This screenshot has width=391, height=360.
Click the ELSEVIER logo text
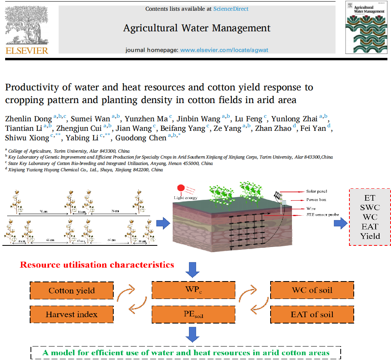pos(27,50)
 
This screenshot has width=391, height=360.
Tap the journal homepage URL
pos(224,50)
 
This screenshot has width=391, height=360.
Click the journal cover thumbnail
pos(365,27)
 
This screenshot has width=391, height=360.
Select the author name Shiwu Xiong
pos(27,138)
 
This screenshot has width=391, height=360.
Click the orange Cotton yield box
pos(72,291)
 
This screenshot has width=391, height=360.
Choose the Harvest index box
pos(72,315)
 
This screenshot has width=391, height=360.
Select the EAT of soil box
pos(312,315)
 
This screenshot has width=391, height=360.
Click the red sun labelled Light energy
pos(181,188)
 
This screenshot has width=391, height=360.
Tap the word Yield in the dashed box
pos(370,236)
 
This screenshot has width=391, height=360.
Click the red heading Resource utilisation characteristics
pos(97,264)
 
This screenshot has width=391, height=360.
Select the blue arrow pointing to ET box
pos(339,223)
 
